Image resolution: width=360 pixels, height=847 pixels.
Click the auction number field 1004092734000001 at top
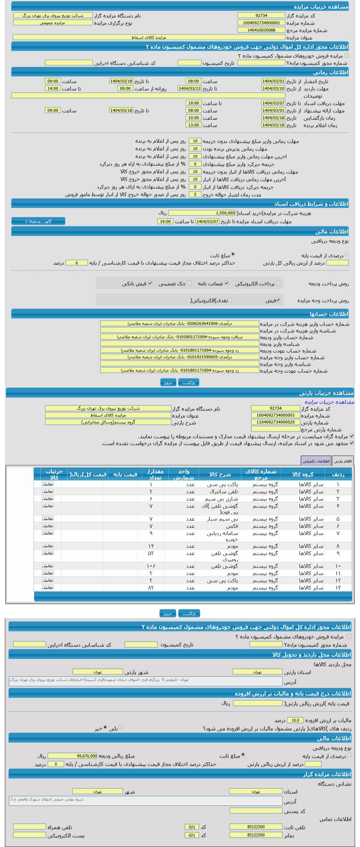coord(261,23)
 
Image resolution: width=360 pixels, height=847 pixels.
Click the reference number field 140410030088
coord(261,30)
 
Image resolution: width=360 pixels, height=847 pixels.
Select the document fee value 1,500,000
coord(202,213)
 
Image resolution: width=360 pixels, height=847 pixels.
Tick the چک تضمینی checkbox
coord(190,283)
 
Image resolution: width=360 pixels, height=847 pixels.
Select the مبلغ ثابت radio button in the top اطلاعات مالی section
coord(233,254)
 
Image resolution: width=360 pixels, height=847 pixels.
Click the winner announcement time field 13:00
coord(193,125)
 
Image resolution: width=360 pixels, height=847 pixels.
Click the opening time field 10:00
coord(193,118)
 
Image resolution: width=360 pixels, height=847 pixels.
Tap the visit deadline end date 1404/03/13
coord(190,88)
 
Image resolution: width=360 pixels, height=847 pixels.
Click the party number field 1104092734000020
coord(275,422)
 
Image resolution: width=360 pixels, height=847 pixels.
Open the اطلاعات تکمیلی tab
coord(316,461)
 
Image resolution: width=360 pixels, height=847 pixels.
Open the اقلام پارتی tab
coord(343,461)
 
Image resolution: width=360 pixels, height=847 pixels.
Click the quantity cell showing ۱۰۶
coord(151,566)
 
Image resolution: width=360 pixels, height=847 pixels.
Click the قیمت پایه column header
coord(125,474)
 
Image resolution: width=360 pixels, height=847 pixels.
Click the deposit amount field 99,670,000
coord(72,756)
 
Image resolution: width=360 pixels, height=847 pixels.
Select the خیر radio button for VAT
coord(105,727)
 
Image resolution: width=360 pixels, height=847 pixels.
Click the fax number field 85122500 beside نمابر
coord(255,835)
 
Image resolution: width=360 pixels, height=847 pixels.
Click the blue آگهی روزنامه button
coord(38,221)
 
